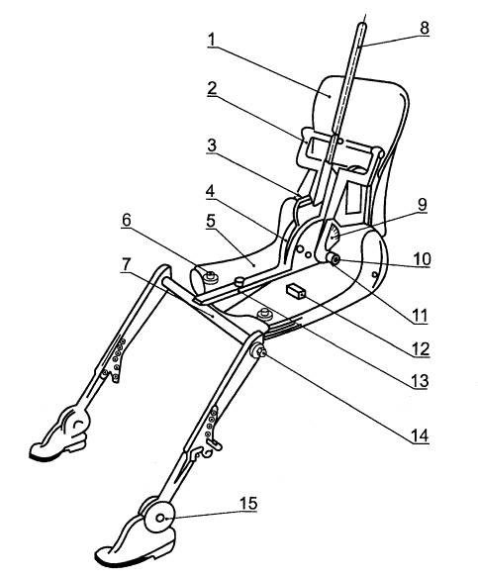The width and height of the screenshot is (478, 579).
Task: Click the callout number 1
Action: click(x=211, y=40)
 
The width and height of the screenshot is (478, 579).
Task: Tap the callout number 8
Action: click(x=425, y=28)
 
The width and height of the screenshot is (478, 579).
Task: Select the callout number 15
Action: click(x=248, y=503)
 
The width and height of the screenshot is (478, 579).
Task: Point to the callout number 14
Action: click(x=420, y=435)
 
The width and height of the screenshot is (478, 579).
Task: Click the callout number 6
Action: click(x=127, y=220)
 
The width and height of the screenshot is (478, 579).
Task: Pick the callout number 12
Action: click(x=421, y=349)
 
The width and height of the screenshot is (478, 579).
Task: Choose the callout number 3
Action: click(x=212, y=145)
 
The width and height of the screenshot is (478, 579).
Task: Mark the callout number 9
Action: click(x=422, y=205)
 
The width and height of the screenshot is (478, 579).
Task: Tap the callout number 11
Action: click(x=420, y=317)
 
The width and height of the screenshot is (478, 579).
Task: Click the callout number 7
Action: click(x=127, y=265)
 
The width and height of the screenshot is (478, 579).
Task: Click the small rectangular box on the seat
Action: click(x=296, y=291)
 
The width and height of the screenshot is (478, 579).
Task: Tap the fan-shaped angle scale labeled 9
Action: click(x=334, y=235)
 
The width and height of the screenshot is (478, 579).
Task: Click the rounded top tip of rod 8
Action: click(x=363, y=25)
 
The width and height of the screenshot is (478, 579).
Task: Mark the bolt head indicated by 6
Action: click(x=211, y=276)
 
